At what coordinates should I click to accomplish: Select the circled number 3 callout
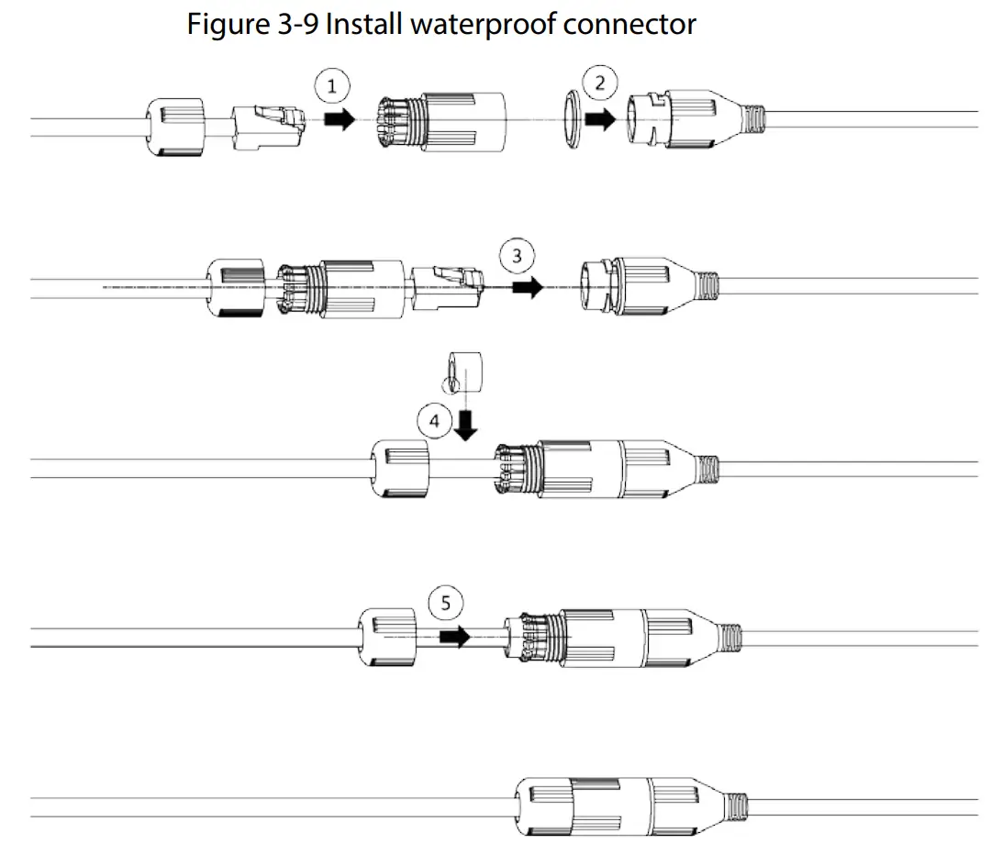coord(518,257)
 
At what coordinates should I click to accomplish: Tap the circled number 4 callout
coord(434,421)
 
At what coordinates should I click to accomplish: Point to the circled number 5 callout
coord(446,603)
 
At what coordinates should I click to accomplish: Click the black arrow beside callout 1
coord(339,120)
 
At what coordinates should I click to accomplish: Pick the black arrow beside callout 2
coord(601,120)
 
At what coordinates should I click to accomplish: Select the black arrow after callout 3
coord(527,287)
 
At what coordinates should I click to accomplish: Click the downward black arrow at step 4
coord(466,424)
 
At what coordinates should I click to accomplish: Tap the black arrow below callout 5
coord(453,636)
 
